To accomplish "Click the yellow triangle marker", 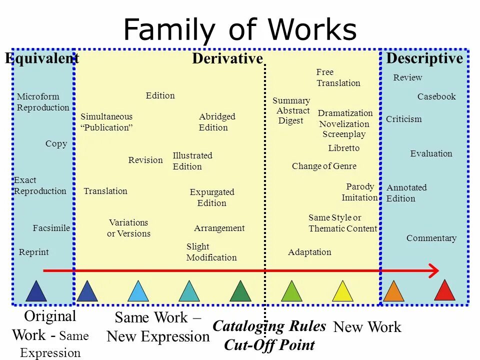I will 342,292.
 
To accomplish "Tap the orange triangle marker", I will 393,292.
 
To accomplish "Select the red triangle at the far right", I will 444,291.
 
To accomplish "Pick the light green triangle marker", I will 291,292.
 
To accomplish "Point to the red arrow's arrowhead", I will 433,270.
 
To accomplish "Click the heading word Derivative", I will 227,59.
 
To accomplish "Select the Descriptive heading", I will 424,58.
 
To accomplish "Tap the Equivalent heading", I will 42,58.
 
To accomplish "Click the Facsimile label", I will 51,228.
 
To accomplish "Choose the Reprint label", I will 34,252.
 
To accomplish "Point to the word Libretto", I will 344,148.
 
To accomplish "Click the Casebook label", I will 436,96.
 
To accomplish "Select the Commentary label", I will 431,238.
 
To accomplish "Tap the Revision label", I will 145,160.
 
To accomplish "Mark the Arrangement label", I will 219,228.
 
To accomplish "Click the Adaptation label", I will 309,252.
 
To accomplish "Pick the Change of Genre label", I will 324,166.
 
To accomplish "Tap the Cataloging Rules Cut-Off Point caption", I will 269,335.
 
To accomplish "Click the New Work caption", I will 367,327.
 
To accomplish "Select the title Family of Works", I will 240,29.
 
